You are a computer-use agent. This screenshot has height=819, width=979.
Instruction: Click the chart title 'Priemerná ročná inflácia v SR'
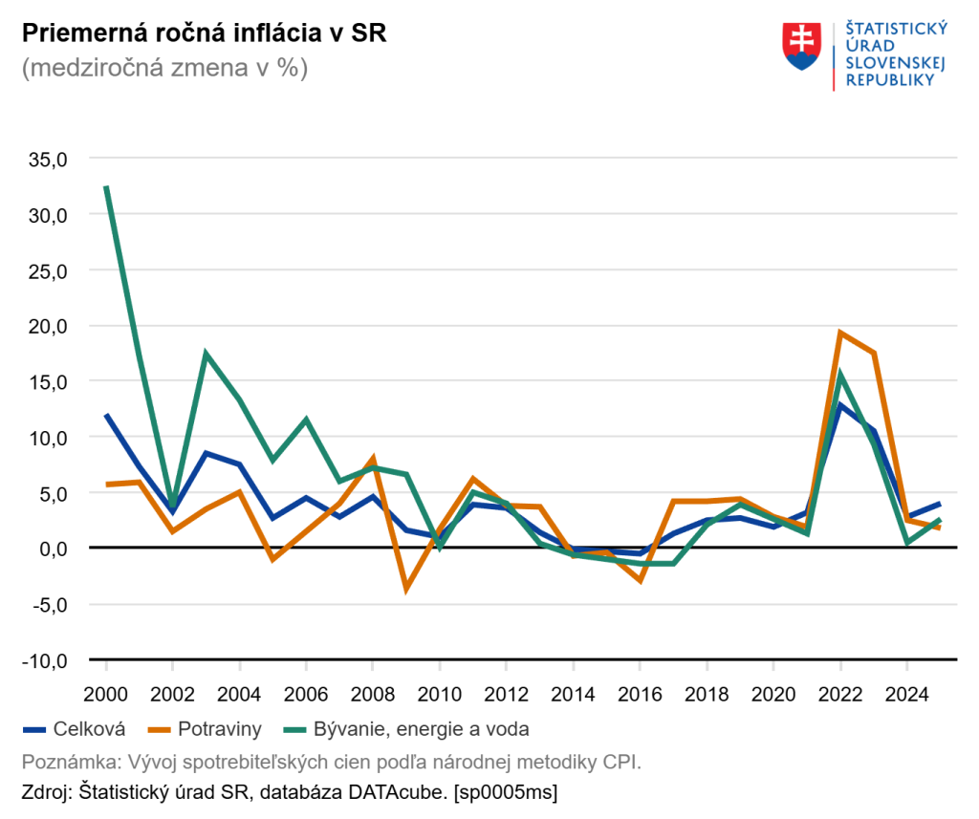point(205,33)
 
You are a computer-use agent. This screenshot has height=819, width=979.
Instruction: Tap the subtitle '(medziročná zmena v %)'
point(164,69)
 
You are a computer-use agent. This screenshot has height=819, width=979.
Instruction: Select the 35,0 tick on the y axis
point(48,159)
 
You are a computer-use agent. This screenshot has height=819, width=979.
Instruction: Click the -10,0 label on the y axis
point(45,659)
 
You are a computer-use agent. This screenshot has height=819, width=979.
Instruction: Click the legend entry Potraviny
point(218,729)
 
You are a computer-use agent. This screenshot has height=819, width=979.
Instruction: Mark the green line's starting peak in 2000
point(107,187)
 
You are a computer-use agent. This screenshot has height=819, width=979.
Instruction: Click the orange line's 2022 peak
point(839,333)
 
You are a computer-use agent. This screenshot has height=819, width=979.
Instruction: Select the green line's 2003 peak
point(206,354)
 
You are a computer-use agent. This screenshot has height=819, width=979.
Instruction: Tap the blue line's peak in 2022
point(839,404)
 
